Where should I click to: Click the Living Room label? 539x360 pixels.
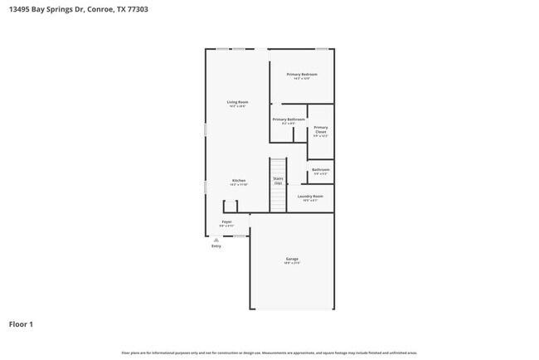coord(238,102)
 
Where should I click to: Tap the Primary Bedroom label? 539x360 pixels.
coord(302,75)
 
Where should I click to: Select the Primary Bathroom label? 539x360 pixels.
coord(289,119)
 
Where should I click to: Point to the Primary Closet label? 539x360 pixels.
coord(320,129)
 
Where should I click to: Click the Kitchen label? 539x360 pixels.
coord(238,180)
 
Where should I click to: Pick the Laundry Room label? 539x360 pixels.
coord(310,196)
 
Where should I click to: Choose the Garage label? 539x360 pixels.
coord(292,259)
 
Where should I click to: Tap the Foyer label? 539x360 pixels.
coord(226,221)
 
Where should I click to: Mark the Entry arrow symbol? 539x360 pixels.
coord(216,240)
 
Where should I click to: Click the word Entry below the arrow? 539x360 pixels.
coord(216,246)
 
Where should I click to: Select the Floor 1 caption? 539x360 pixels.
coord(22,324)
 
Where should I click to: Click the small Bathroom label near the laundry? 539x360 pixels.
coord(320,170)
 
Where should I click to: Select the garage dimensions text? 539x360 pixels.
coord(292,263)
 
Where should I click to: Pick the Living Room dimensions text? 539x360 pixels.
coord(238,106)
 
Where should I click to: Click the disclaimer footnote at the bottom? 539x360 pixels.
coord(269,353)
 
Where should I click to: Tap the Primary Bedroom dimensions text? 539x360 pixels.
coord(302,79)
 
